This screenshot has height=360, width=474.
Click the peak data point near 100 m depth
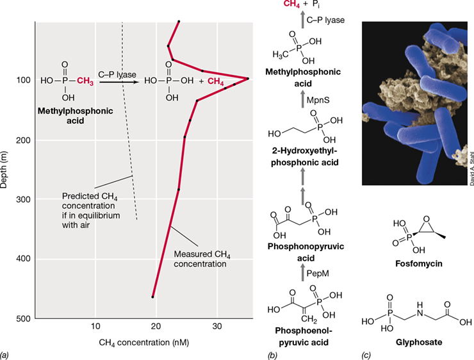[x=248, y=79]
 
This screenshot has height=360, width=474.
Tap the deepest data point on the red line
[x=152, y=297]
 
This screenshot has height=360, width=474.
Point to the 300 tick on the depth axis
[x=24, y=199]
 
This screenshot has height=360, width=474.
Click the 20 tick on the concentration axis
[x=156, y=327]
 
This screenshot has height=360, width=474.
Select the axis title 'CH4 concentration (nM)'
[x=144, y=343]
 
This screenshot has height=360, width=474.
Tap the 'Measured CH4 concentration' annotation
[x=202, y=259]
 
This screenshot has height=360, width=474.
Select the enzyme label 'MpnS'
[x=318, y=100]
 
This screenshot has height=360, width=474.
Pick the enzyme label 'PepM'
[x=318, y=274]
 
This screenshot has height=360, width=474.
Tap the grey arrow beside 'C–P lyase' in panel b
[x=302, y=20]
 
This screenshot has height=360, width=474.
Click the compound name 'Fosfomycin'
[x=419, y=263]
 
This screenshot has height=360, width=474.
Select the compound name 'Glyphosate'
[x=419, y=342]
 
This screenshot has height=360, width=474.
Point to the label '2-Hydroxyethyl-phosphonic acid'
[x=304, y=156]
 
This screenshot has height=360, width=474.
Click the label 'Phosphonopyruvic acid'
[x=306, y=252]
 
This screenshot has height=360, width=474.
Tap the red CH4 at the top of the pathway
[x=291, y=4]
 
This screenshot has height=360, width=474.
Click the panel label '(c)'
[x=366, y=356]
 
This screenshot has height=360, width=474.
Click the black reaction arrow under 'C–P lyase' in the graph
[x=119, y=82]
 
